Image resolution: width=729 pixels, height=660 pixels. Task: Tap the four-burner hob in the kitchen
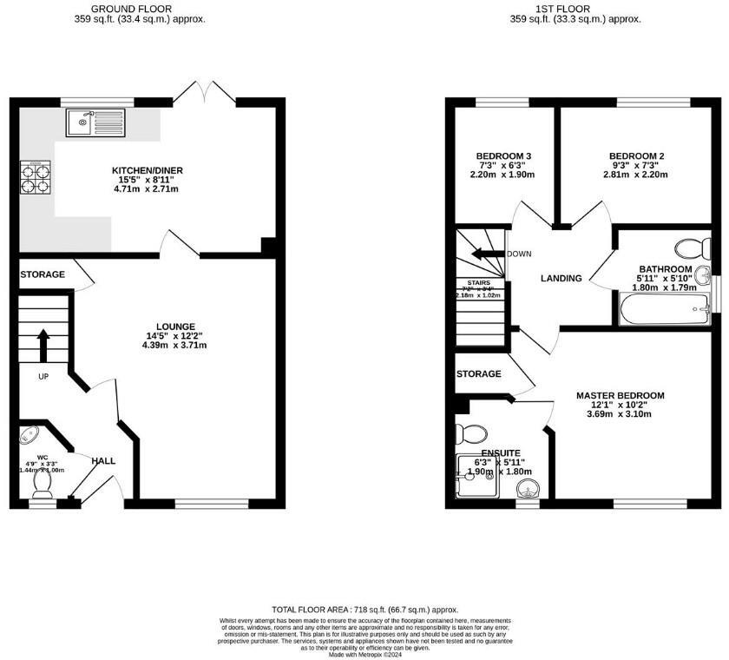click(x=35, y=177)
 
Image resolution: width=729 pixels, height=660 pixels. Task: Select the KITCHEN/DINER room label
click(x=148, y=169)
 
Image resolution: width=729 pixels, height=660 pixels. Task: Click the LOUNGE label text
click(x=175, y=327)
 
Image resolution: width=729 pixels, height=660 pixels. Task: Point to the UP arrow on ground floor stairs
click(x=43, y=343)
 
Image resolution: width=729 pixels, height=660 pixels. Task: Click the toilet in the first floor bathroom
click(x=693, y=248)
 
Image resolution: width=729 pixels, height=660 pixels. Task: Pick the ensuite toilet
click(x=475, y=432)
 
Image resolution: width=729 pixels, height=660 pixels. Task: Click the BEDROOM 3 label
click(x=503, y=156)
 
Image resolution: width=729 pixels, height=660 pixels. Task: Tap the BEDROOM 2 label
click(x=637, y=156)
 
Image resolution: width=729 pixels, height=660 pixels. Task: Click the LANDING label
click(x=561, y=278)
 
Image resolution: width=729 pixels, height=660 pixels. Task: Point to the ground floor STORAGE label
click(x=43, y=274)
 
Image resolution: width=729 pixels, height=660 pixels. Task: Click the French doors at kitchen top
click(x=204, y=92)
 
